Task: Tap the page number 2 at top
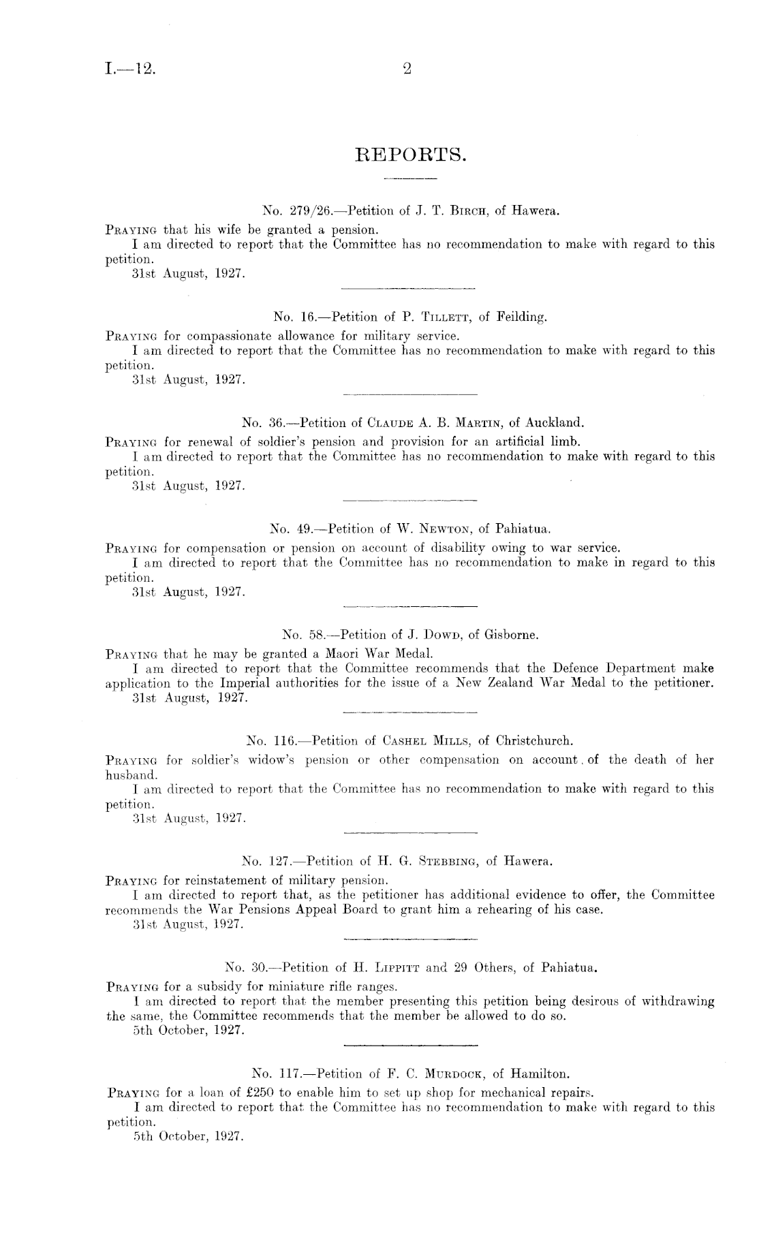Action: coord(408,67)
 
